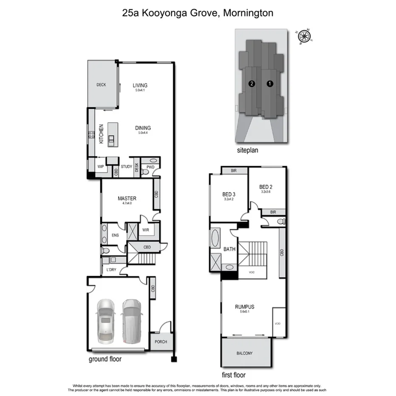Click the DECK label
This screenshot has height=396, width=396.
pyautogui.click(x=101, y=85)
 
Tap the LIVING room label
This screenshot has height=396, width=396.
pyautogui.click(x=140, y=85)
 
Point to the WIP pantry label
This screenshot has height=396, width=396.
pyautogui.click(x=101, y=167)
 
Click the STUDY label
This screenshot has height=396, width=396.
pyautogui.click(x=126, y=167)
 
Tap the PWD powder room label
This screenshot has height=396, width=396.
pyautogui.click(x=150, y=167)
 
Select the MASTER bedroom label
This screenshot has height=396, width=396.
pyautogui.click(x=127, y=198)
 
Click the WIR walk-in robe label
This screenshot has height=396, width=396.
pyautogui.click(x=145, y=230)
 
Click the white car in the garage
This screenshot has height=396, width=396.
pyautogui.click(x=106, y=321)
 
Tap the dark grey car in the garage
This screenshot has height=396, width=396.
pyautogui.click(x=131, y=321)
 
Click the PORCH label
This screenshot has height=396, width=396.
pyautogui.click(x=161, y=342)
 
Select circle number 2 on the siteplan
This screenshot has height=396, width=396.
pyautogui.click(x=252, y=84)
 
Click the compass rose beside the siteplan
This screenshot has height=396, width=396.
pyautogui.click(x=305, y=37)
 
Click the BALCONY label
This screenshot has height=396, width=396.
pyautogui.click(x=244, y=353)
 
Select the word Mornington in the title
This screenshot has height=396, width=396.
pyautogui.click(x=249, y=13)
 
